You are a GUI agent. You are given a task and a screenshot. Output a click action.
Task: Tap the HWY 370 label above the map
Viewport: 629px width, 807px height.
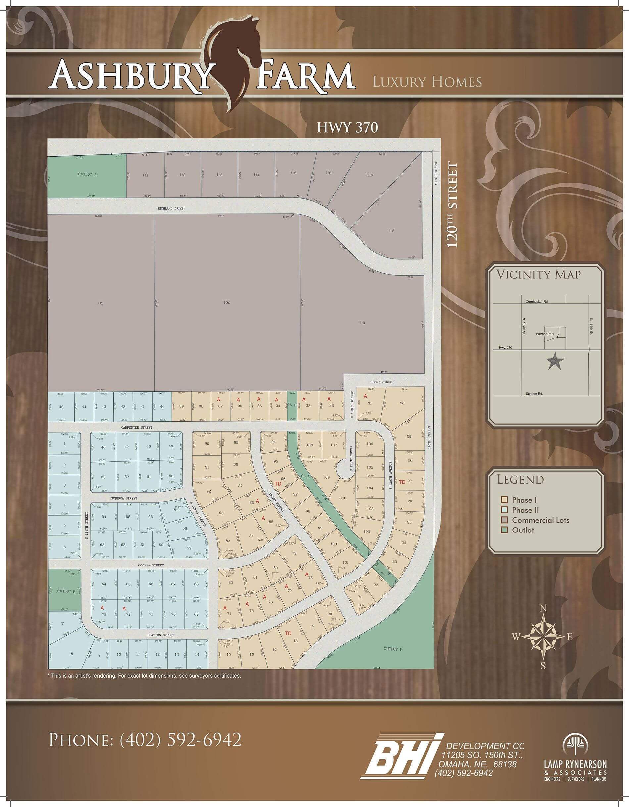347,127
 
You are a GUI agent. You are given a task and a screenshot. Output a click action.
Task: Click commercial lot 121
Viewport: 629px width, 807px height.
101,303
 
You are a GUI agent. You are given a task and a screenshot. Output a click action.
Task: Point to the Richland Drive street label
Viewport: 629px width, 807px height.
170,208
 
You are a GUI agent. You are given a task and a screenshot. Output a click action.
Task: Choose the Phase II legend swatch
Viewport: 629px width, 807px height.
504,510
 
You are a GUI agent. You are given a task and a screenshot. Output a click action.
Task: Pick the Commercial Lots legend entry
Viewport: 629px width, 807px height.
540,520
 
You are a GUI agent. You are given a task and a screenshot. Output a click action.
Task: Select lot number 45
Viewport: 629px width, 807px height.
61,407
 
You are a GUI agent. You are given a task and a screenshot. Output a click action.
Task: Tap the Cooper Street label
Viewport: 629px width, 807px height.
140,565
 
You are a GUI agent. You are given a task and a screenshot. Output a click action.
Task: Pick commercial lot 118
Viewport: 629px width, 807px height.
391,231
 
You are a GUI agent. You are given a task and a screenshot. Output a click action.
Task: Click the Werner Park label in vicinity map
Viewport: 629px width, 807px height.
545,334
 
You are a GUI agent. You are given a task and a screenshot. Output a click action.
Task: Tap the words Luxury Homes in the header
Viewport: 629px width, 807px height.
427,82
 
